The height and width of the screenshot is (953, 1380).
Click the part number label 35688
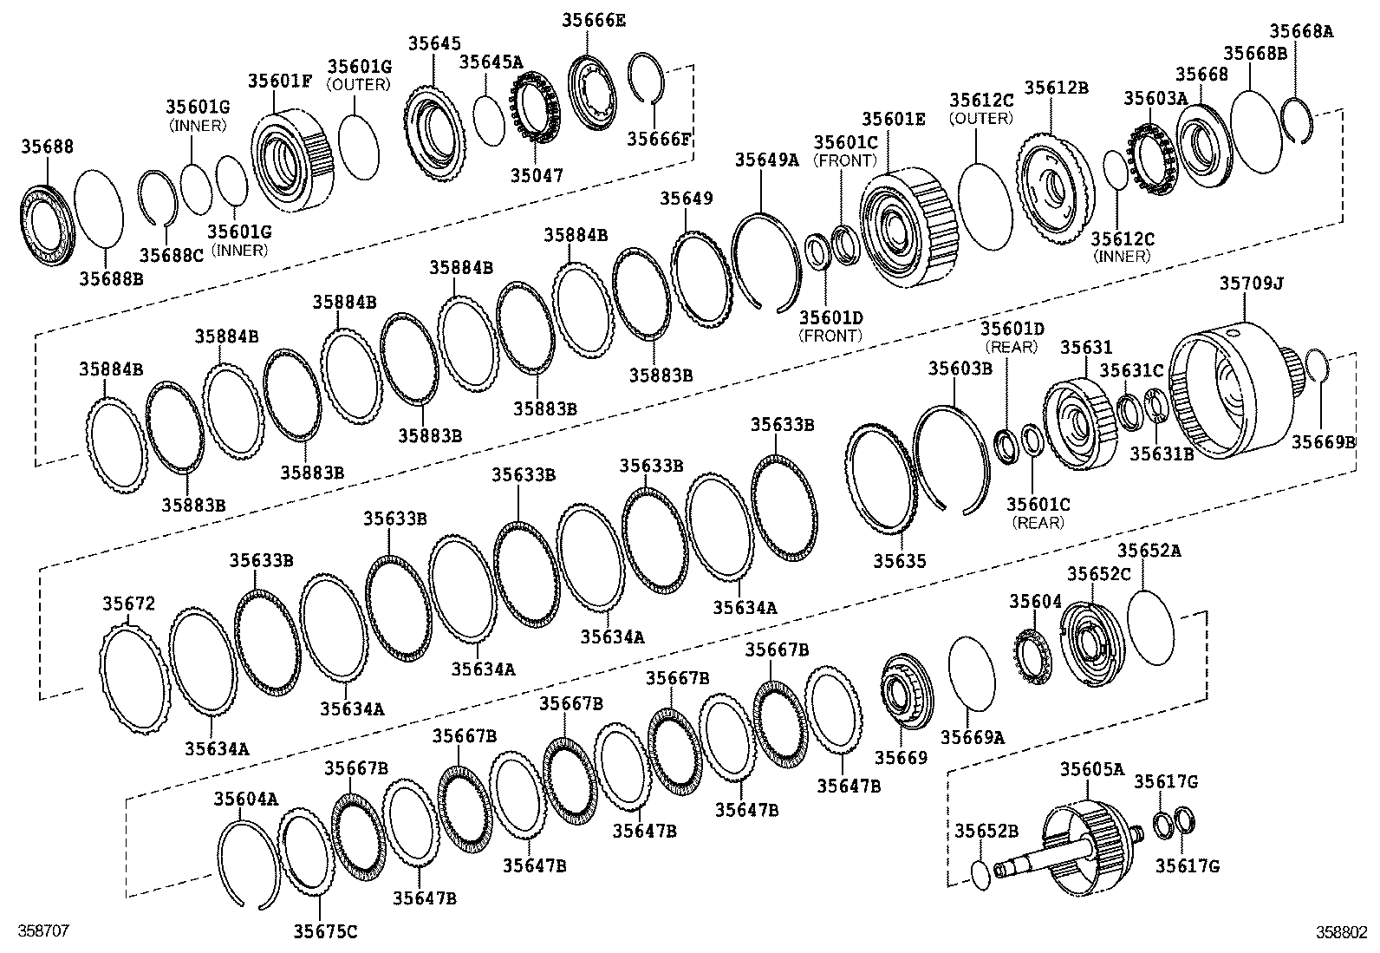click(47, 147)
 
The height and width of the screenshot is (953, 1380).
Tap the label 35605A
click(1091, 769)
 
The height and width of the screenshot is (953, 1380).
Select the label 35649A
click(766, 160)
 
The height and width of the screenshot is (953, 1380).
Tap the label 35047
click(537, 175)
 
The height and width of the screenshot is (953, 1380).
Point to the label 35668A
click(1301, 31)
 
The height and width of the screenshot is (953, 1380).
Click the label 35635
click(899, 561)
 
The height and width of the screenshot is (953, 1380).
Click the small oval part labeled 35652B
click(980, 874)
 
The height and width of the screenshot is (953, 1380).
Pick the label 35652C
click(1097, 574)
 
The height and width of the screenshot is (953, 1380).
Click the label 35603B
click(960, 369)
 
